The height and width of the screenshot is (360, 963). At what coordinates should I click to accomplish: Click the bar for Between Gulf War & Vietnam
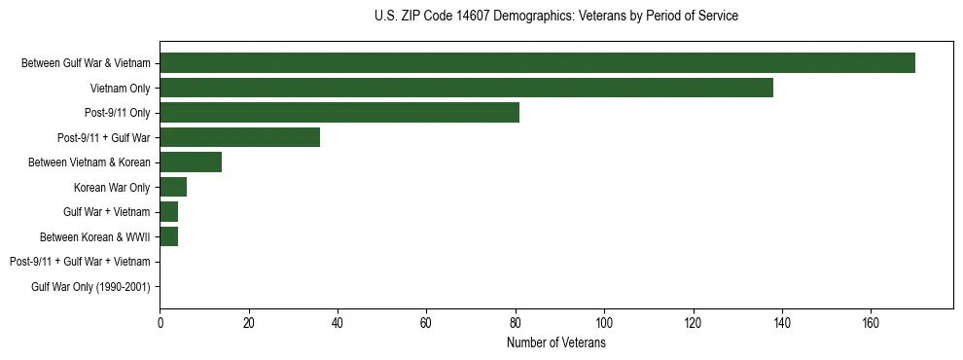coord(537,63)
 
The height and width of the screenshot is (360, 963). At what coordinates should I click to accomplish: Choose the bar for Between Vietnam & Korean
coord(191,162)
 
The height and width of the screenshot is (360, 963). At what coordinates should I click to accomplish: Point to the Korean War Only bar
coord(173,188)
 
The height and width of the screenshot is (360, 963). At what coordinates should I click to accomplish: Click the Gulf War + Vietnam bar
coord(168,212)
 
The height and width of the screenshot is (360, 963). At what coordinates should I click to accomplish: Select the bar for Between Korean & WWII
coord(168,237)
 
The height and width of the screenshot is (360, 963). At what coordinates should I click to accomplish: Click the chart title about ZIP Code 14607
coord(555,17)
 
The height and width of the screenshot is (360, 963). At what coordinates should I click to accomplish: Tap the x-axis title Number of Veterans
coord(555,343)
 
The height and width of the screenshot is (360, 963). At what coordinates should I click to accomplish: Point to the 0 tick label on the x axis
coord(160,323)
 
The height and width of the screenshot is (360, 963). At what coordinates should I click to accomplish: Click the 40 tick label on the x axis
coord(338,323)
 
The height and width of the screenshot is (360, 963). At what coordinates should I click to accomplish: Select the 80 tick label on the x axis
coord(516,323)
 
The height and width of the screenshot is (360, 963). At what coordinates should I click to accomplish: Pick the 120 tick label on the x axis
coord(693,323)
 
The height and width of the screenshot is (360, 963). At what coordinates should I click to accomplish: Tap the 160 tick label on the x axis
coord(871,323)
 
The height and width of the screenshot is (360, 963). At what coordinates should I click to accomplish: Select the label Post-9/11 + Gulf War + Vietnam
coord(80,262)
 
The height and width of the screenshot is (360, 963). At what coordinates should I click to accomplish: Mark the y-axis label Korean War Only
coord(112,188)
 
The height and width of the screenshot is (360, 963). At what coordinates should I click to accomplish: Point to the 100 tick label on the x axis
coord(604,323)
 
